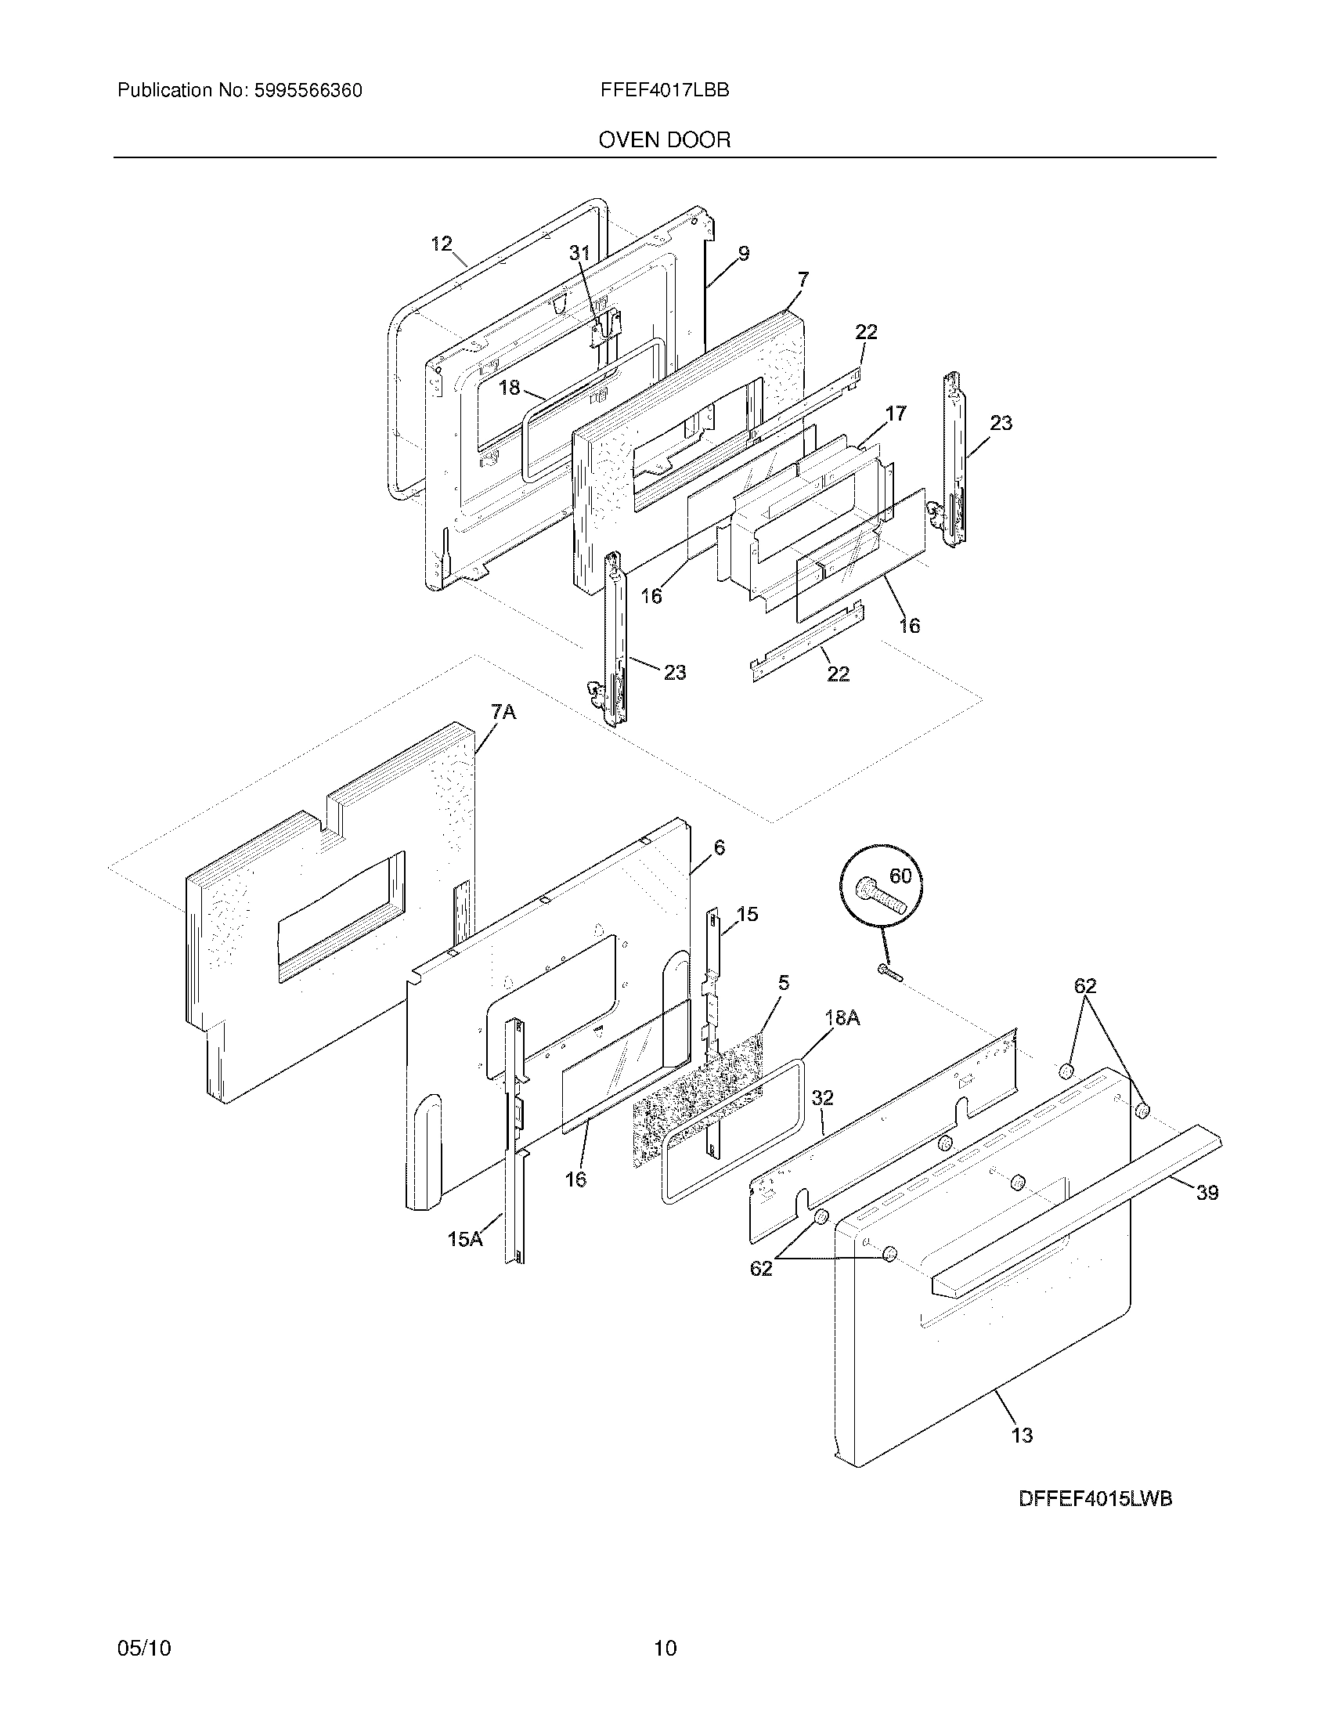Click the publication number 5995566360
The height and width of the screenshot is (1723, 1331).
point(308,91)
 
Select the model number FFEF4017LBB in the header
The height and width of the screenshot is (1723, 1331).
point(664,90)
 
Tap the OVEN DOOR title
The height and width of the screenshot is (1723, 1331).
point(664,140)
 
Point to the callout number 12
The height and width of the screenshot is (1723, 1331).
point(441,244)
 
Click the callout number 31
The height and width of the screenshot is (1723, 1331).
point(579,252)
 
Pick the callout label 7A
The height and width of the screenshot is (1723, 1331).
point(503,713)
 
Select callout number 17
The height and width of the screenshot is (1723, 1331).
point(896,413)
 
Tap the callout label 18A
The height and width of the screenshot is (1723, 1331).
point(842,1018)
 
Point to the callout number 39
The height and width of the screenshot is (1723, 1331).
point(1207,1193)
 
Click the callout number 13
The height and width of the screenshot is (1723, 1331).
point(1022,1435)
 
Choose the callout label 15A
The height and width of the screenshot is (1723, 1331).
point(465,1240)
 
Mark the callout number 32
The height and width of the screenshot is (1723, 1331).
point(822,1097)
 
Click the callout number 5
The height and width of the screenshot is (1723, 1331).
point(783,982)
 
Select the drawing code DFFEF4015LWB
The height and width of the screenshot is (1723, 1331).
point(1095,1520)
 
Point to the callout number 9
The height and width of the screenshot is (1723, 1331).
point(744,253)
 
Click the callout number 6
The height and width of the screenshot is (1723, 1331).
point(718,848)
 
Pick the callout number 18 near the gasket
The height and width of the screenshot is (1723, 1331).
point(510,388)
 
